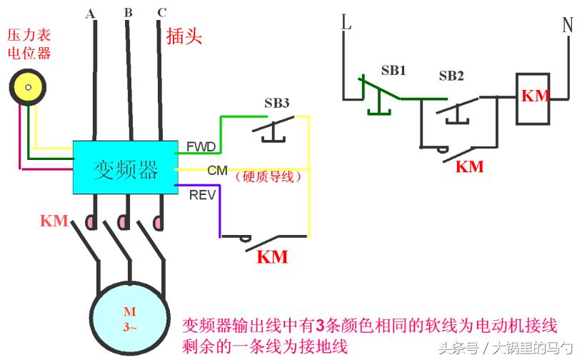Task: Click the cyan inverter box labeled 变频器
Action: [125, 166]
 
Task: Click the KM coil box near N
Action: [533, 96]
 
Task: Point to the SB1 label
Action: [393, 71]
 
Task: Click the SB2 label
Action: [451, 76]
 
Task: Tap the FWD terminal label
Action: [201, 146]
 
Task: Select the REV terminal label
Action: [200, 194]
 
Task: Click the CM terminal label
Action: [217, 171]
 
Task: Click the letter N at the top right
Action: [568, 25]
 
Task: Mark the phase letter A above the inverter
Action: [91, 14]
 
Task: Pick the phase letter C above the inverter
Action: [161, 13]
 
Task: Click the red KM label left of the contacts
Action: [54, 221]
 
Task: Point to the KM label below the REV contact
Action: [272, 256]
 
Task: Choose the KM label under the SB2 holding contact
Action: [469, 166]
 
